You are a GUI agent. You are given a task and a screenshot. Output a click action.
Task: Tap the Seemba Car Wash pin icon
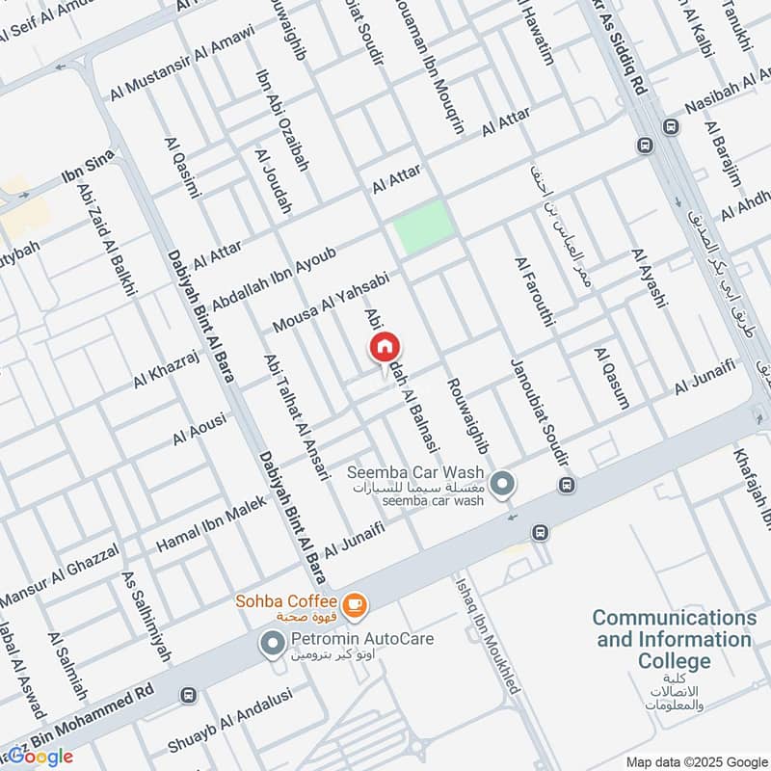tap(502, 485)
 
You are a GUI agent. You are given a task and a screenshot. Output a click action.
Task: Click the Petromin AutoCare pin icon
tap(274, 640)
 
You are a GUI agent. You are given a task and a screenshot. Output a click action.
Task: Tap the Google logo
tap(39, 756)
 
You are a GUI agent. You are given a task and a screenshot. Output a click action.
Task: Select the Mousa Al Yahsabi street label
tap(330, 303)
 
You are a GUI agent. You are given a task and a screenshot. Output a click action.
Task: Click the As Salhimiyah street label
tap(146, 617)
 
